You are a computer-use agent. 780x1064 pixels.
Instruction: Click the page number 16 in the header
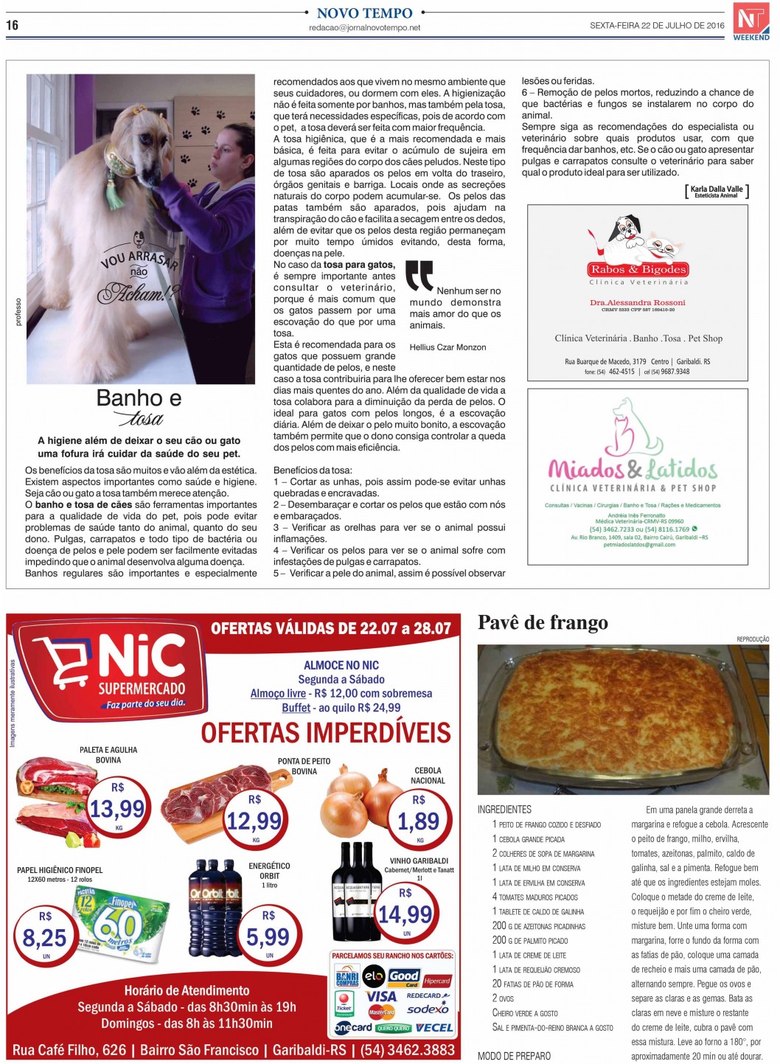tap(12, 25)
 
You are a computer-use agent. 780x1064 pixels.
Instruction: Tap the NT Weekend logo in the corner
tap(751, 21)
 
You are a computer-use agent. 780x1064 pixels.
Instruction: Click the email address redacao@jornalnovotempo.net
tap(364, 28)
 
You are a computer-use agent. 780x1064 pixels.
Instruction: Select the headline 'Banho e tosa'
tap(139, 407)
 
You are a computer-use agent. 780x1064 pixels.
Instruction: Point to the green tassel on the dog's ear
tap(114, 191)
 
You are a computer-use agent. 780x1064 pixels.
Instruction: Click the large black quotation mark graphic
tap(419, 276)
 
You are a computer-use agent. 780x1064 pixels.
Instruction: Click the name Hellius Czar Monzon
tap(448, 347)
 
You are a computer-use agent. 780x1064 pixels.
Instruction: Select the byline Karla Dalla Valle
tap(716, 190)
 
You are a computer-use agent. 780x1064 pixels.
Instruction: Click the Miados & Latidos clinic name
tap(633, 469)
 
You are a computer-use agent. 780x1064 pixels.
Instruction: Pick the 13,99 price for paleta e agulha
tap(117, 809)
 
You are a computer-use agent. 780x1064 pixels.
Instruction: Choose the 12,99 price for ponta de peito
tap(254, 821)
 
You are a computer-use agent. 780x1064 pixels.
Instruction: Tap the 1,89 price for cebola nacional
tap(418, 821)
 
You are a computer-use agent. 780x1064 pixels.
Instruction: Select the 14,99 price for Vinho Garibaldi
tap(405, 915)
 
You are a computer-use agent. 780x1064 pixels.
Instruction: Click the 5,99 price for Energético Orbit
tap(268, 936)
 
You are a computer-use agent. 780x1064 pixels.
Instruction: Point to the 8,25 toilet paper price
tap(44, 938)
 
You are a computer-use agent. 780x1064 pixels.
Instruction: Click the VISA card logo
tap(381, 995)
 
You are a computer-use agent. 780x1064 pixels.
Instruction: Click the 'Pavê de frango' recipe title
tap(543, 623)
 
